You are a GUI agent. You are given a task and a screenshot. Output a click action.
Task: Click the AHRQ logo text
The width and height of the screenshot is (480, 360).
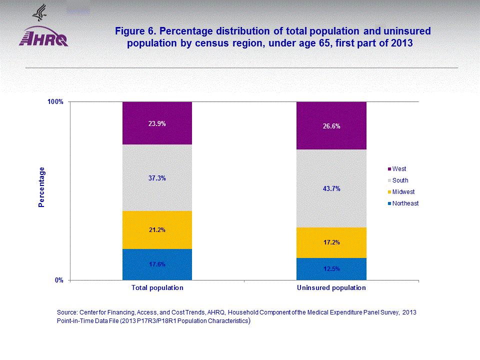43,39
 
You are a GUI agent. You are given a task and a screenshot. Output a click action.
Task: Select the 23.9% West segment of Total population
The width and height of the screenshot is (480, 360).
157,123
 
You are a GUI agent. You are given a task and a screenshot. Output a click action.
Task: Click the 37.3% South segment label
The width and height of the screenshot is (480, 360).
157,178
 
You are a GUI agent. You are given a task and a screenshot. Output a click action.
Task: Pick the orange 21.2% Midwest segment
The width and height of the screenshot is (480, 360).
157,230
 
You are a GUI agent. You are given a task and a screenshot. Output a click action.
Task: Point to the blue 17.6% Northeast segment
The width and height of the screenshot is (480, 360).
157,264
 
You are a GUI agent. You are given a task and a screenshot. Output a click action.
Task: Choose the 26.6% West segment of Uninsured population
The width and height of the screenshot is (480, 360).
331,126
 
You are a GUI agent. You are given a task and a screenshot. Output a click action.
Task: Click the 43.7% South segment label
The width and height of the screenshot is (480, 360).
331,188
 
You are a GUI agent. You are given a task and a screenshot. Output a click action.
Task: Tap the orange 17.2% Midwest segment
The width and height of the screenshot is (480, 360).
331,242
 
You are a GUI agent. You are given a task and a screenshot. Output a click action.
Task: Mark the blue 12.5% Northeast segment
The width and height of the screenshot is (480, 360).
331,268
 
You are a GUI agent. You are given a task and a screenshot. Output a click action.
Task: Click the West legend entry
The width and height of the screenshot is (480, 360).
399,169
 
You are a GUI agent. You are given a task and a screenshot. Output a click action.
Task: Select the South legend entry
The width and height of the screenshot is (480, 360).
400,180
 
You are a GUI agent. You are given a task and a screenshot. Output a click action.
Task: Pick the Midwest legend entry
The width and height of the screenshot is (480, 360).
403,192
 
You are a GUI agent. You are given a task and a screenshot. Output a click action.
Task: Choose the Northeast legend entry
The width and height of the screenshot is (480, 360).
405,203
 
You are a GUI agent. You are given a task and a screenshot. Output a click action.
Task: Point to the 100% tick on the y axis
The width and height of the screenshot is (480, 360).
55,102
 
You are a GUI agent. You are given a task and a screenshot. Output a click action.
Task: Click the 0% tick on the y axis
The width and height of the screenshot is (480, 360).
59,280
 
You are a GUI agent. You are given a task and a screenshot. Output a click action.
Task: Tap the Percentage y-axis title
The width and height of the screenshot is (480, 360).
42,187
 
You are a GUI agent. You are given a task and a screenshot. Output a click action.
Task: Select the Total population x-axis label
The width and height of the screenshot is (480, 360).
157,288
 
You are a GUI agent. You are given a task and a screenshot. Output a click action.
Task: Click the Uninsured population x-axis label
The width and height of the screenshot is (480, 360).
331,288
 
